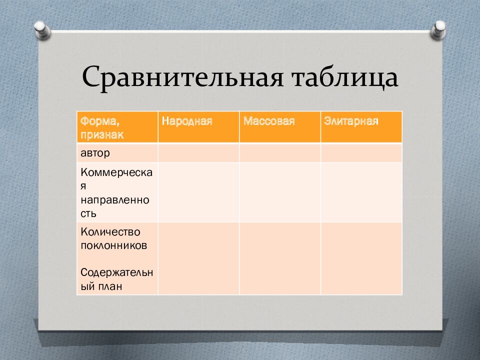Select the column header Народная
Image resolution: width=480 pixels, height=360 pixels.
(187, 121)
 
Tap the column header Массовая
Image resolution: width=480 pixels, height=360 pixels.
(269, 121)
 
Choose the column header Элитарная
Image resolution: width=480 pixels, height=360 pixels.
(351, 121)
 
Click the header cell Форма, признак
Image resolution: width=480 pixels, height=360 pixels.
(117, 127)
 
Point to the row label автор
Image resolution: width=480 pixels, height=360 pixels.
(95, 153)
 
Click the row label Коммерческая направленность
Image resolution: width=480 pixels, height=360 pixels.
(116, 192)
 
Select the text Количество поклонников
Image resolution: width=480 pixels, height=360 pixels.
(114, 238)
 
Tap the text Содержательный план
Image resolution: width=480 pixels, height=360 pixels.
(116, 279)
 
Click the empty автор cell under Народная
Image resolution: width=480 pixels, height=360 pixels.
(198, 153)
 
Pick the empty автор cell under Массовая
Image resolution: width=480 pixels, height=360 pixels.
(280, 153)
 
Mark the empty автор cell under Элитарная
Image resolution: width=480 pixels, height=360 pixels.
(361, 153)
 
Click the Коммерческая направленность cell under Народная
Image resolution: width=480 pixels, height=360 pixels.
(198, 192)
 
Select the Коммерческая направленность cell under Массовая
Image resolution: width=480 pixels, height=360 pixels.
(280, 192)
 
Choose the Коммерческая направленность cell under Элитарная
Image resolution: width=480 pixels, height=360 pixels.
(361, 192)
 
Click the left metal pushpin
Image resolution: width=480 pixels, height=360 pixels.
(42, 30)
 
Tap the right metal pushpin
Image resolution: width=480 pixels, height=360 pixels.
(438, 29)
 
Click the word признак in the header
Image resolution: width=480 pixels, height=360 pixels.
(102, 135)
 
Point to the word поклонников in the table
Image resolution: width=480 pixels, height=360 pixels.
(114, 245)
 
